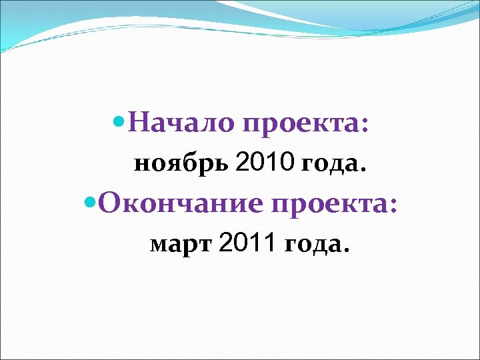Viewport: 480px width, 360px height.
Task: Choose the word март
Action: [181, 246]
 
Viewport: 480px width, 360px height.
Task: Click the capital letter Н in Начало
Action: [137, 124]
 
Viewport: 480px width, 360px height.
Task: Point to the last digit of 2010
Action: [288, 163]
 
